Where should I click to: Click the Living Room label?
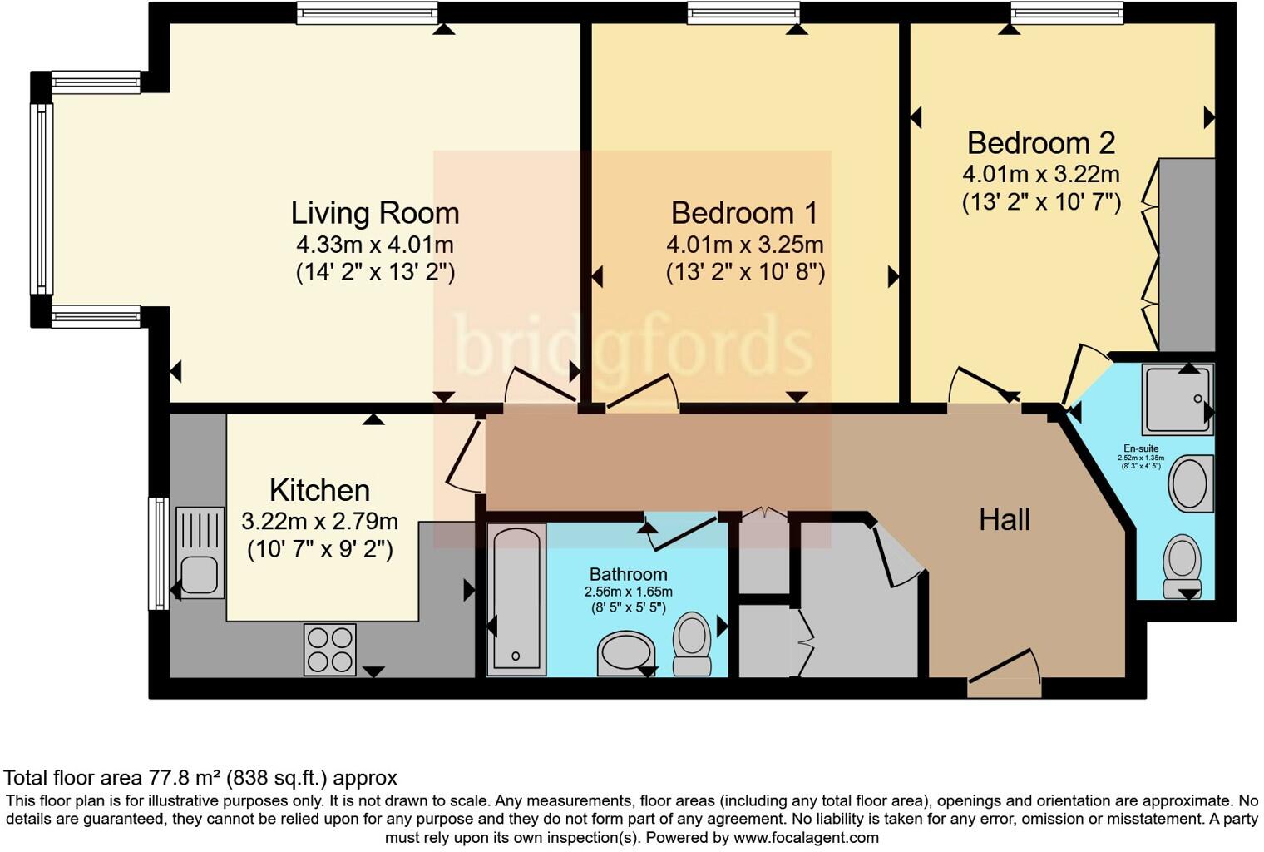374,213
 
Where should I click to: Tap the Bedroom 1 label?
744,213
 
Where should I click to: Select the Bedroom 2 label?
1040,143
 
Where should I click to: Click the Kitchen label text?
319,490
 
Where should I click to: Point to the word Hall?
1005,520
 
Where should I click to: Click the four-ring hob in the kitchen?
330,649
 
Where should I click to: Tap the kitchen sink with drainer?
200,552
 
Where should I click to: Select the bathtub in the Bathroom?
516,598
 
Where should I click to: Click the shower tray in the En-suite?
1178,399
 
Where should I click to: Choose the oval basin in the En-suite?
1191,483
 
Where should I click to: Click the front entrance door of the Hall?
1005,676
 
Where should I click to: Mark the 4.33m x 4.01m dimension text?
374,245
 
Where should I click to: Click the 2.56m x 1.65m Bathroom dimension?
628,592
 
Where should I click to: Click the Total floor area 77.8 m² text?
200,778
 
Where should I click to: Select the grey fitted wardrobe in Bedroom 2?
1186,255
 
